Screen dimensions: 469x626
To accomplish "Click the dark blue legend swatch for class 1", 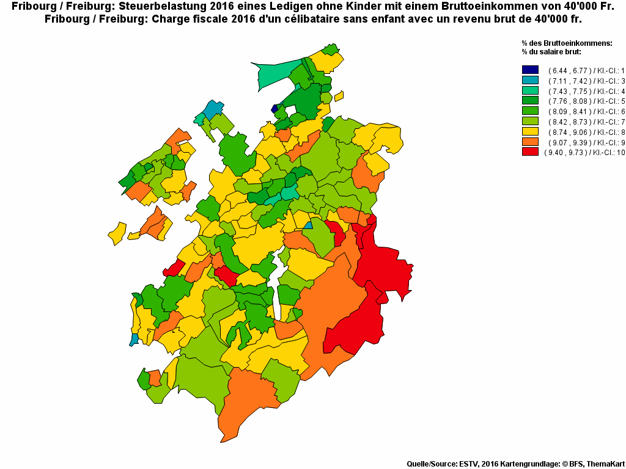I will pyautogui.click(x=530, y=70).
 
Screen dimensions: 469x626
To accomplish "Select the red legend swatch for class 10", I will pyautogui.click(x=530, y=151).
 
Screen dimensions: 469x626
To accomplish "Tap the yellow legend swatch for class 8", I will pyautogui.click(x=530, y=131).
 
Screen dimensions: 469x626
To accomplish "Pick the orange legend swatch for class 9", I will pyautogui.click(x=530, y=142).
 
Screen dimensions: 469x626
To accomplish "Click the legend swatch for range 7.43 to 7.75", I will pyautogui.click(x=530, y=90).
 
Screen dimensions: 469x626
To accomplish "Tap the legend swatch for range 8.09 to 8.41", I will pyautogui.click(x=530, y=111).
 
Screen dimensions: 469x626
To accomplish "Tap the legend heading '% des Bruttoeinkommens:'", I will pyautogui.click(x=566, y=43).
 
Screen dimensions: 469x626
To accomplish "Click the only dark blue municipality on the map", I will pyautogui.click(x=274, y=109).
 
